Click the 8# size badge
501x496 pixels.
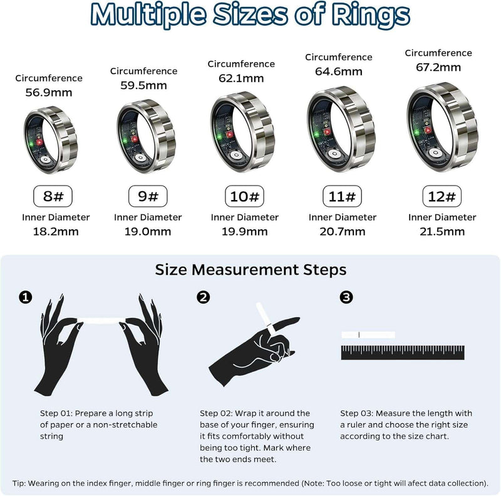click(x=54, y=196)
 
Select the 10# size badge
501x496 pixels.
click(x=245, y=196)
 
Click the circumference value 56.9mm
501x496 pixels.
click(x=49, y=93)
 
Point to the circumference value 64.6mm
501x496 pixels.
click(x=339, y=71)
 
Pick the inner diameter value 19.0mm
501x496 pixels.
click(x=148, y=231)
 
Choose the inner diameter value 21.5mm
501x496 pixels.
click(x=442, y=231)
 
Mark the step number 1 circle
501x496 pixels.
click(x=25, y=297)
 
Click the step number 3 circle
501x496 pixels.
click(x=346, y=297)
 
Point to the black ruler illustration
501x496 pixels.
click(x=403, y=352)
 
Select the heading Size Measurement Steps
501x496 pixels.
click(x=250, y=270)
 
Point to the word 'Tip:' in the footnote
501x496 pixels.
click(x=22, y=483)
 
